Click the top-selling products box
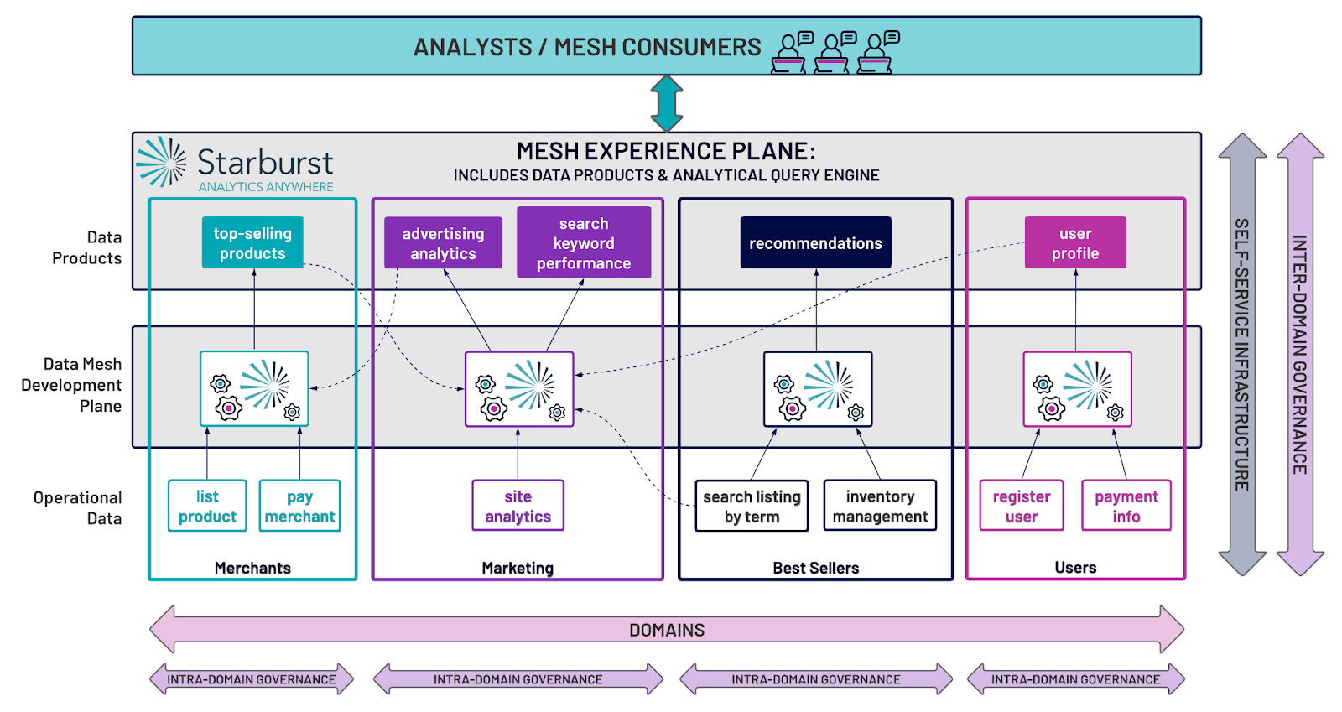[252, 243]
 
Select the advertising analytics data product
[443, 243]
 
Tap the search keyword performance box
[584, 243]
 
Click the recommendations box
[815, 243]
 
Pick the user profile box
[1075, 243]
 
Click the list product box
[207, 506]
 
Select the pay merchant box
[299, 506]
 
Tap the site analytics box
[518, 506]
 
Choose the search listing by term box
[752, 506]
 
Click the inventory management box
[880, 506]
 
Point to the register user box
[1022, 506]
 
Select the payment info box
[1126, 506]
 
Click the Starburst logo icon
[161, 161]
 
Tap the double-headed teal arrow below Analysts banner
[667, 103]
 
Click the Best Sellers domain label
[815, 568]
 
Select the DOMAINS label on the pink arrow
[667, 630]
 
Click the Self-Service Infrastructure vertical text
[1241, 354]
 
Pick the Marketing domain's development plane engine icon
[519, 389]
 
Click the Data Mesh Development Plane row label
[72, 385]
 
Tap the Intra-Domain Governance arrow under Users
[1075, 679]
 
